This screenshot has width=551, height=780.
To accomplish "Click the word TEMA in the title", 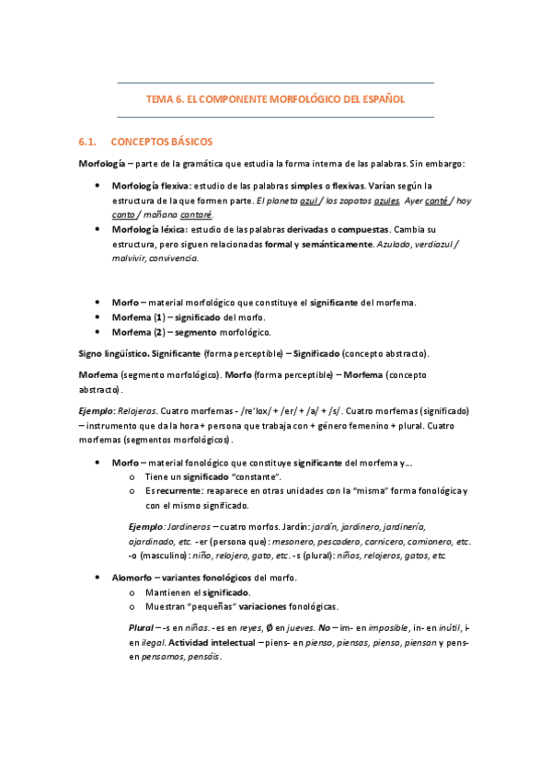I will [x=162, y=98].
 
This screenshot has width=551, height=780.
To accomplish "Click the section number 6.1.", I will [x=88, y=143].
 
